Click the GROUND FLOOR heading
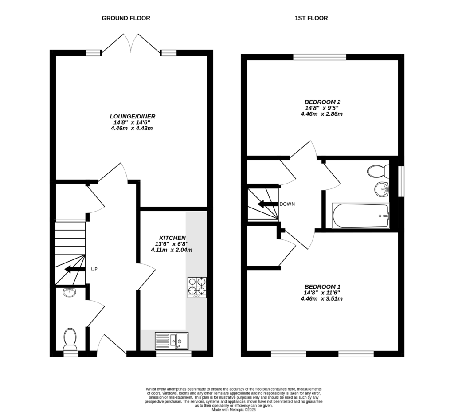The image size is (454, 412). (126, 18)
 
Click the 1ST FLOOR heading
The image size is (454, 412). (311, 18)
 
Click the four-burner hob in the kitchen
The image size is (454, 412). (197, 286)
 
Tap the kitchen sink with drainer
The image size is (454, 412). (172, 341)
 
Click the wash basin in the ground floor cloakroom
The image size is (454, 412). (70, 292)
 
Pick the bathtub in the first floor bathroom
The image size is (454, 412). (360, 216)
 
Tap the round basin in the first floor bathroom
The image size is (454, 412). (381, 190)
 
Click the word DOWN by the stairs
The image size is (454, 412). (287, 204)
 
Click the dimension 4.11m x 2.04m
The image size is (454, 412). (172, 250)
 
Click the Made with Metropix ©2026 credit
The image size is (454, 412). (233, 410)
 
